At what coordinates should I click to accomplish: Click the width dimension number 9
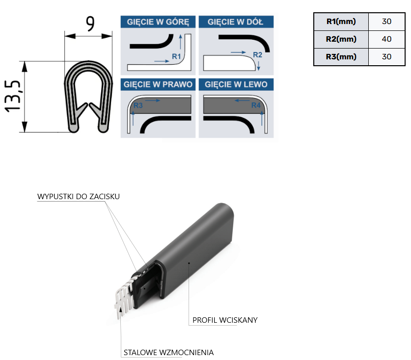[90, 24]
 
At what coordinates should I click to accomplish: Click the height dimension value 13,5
[12, 96]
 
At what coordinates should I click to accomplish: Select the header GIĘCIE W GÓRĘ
[158, 22]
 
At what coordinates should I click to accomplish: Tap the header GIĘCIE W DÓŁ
[235, 22]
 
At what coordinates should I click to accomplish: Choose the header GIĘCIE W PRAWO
[158, 84]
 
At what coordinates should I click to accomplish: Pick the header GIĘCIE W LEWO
[236, 84]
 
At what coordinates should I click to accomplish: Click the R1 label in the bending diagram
[176, 56]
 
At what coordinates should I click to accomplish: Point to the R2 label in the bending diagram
[257, 55]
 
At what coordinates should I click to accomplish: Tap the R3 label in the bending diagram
[138, 105]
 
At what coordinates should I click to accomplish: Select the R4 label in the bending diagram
[256, 105]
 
